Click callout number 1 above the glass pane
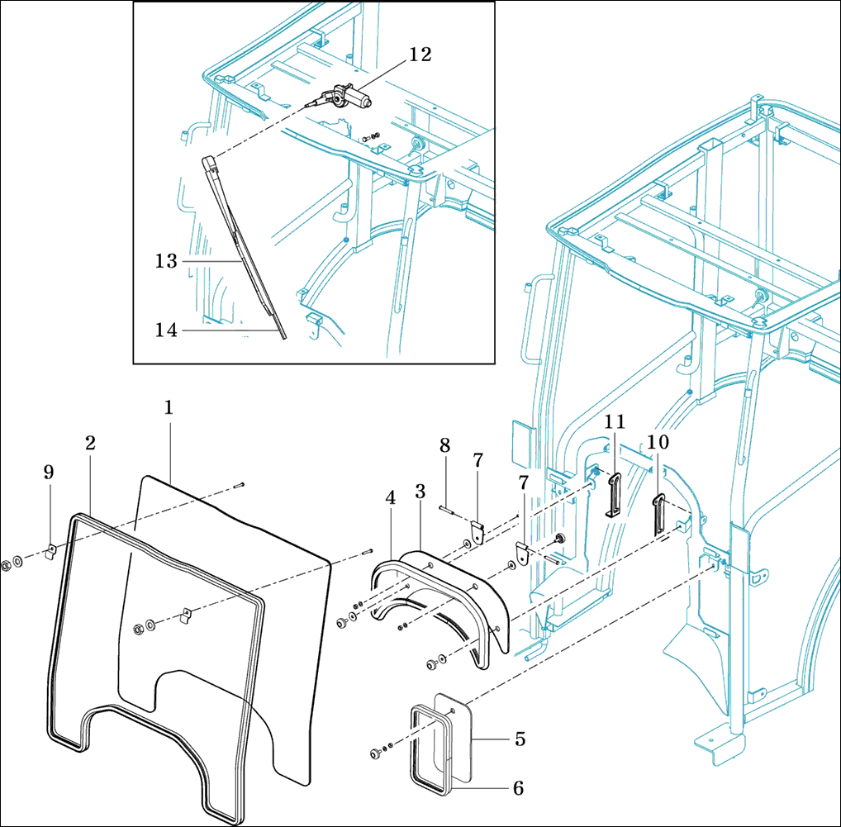168,407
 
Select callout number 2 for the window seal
90,443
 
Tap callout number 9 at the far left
49,472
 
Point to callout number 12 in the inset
420,55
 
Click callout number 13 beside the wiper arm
166,261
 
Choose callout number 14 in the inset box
166,330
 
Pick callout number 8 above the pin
445,444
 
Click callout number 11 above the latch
613,422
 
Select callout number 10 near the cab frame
658,443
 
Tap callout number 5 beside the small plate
520,739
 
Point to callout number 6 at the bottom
518,788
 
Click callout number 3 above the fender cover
420,491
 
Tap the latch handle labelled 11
614,496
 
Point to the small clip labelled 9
50,550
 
